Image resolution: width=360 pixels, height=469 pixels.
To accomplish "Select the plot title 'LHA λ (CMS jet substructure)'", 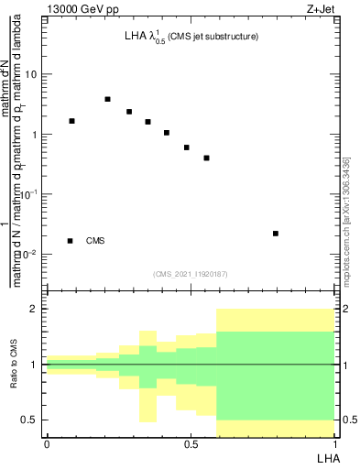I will coord(191,38).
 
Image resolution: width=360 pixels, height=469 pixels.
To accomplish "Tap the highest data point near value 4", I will coord(107,99).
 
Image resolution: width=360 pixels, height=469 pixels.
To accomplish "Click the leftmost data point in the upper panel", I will coord(71,121).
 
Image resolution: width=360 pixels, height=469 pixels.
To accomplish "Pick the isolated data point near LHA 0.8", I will coord(276,234).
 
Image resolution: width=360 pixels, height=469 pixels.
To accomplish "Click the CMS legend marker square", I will coord(71,241).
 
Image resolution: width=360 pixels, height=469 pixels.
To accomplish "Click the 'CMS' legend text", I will coord(95,241).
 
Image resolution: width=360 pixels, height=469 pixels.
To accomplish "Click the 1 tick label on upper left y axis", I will coord(34,135).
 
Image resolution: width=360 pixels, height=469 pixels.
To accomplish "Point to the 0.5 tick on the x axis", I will coord(190,444).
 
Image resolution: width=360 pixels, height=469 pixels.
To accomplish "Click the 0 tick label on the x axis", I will coord(46,444).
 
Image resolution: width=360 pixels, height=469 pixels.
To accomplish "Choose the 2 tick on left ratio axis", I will coord(34,310).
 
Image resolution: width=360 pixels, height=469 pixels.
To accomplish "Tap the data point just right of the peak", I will coord(129,112).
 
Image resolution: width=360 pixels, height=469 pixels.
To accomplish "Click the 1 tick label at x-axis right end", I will coord(333,444).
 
